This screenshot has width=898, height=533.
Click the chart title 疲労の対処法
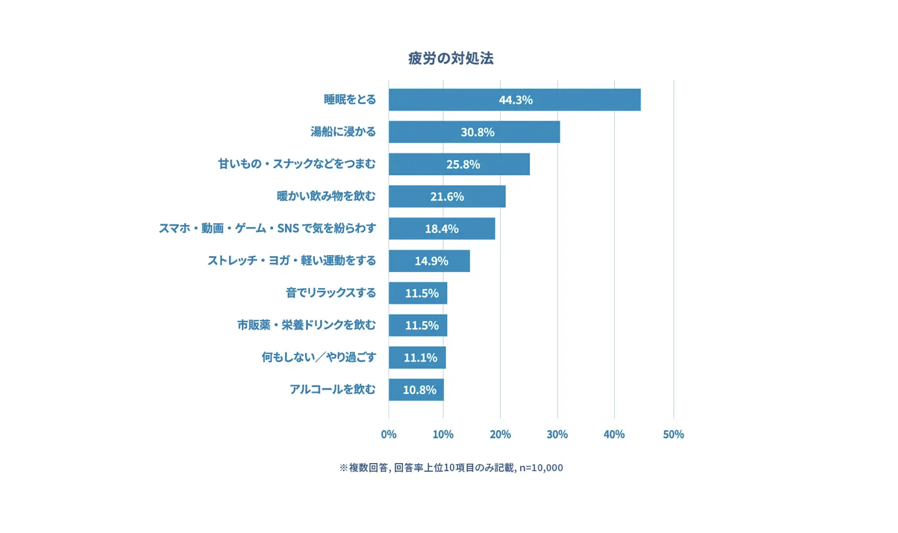point(450,58)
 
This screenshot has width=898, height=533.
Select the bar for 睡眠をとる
point(568,100)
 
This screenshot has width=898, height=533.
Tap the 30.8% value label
point(477,132)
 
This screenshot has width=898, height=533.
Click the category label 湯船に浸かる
point(343,132)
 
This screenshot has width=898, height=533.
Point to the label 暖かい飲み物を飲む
point(326,196)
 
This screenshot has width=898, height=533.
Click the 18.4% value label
point(442,229)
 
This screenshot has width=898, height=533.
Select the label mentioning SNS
point(267,228)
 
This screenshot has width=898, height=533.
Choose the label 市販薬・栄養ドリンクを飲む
point(306,325)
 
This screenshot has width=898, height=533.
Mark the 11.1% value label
point(421,358)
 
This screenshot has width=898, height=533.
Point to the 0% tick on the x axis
point(389,434)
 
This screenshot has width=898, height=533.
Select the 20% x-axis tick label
point(500,434)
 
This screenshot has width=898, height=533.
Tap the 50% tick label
point(673,434)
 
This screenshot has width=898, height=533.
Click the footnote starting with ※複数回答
point(451,468)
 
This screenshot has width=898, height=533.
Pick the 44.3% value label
point(515,100)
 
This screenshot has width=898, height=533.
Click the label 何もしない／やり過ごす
point(318,357)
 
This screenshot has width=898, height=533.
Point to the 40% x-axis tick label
point(614,434)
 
